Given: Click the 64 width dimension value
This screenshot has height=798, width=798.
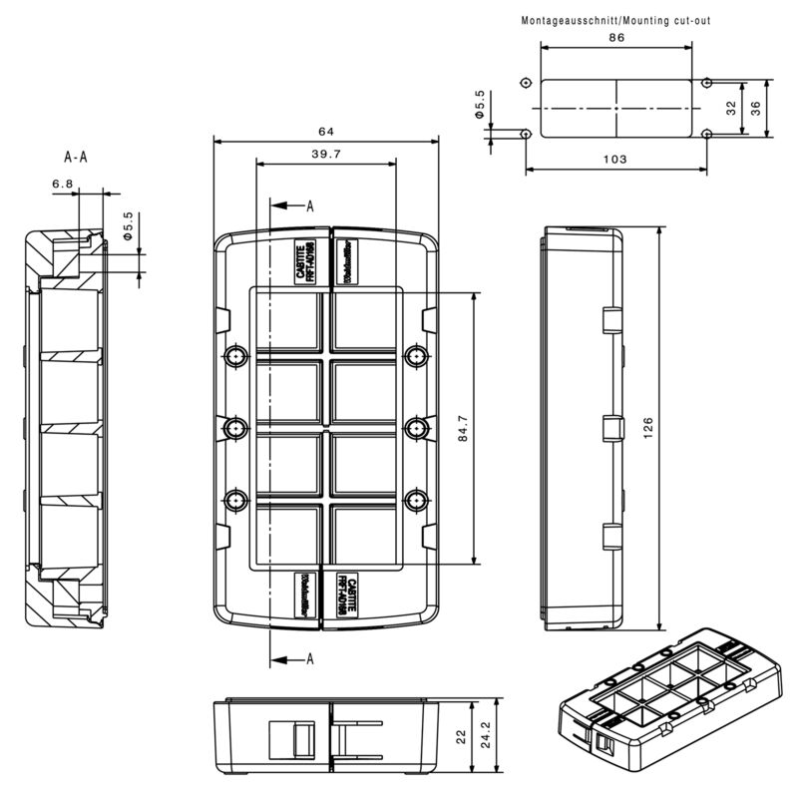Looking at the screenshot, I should pyautogui.click(x=325, y=132).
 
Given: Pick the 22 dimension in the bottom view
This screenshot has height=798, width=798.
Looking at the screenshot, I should pyautogui.click(x=461, y=735).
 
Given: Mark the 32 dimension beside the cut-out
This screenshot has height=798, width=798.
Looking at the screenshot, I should pyautogui.click(x=731, y=108).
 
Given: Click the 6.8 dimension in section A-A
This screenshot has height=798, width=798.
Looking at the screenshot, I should pyautogui.click(x=62, y=184).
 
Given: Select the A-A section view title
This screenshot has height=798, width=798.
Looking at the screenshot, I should pyautogui.click(x=76, y=157).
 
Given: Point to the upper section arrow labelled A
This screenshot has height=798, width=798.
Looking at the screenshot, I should pyautogui.click(x=291, y=205).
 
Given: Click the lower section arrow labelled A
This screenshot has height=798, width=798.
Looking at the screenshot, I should pyautogui.click(x=291, y=658).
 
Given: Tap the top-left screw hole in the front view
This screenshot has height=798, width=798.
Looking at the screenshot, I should pyautogui.click(x=235, y=355).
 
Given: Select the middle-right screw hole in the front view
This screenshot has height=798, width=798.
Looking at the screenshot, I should pyautogui.click(x=415, y=427).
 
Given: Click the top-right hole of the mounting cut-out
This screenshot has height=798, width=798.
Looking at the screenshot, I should pyautogui.click(x=707, y=83).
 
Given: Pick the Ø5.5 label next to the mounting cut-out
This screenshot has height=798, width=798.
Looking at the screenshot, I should pyautogui.click(x=480, y=105).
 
